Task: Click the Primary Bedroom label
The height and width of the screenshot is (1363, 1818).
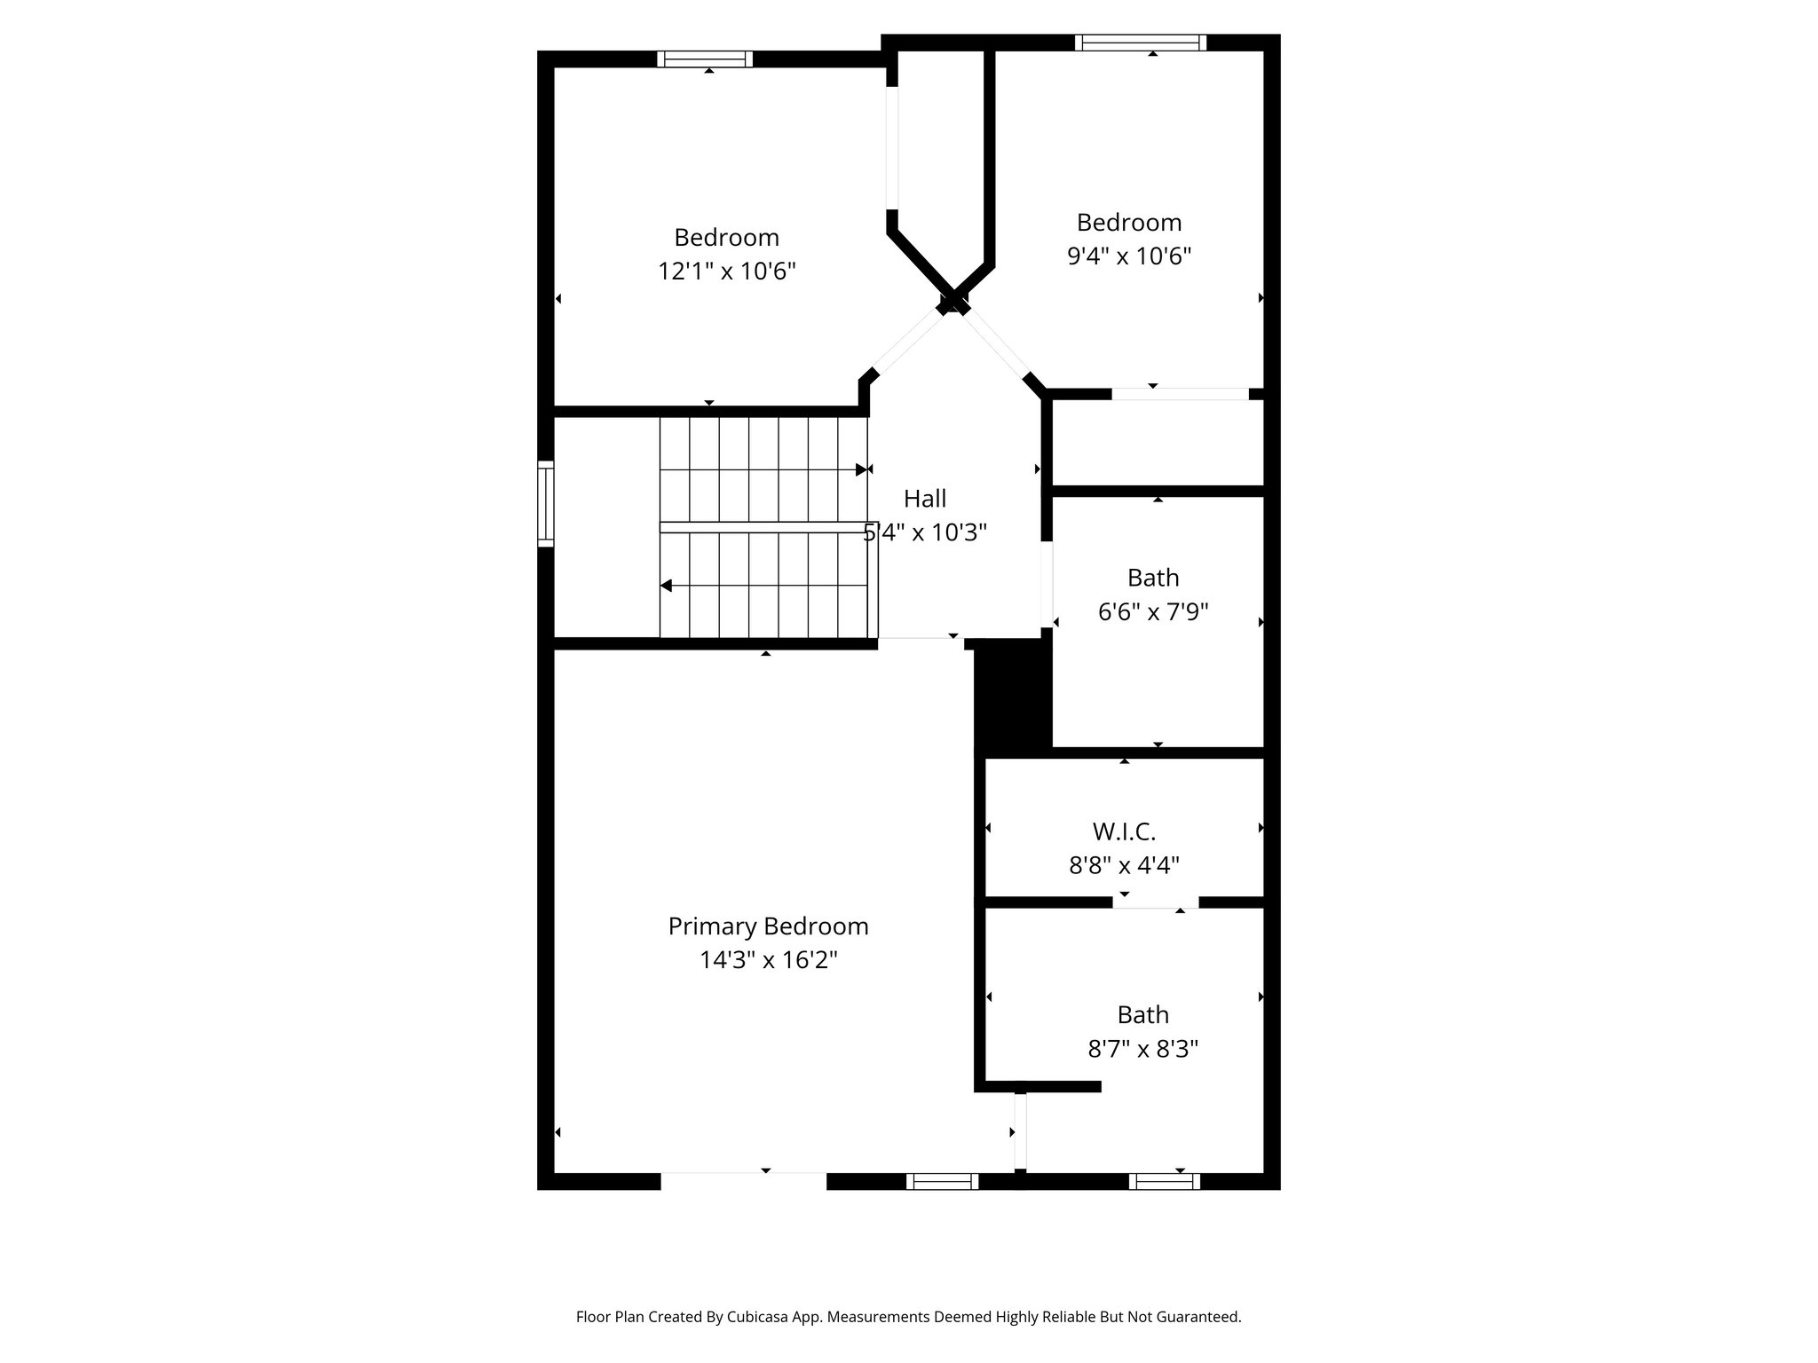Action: coord(768,926)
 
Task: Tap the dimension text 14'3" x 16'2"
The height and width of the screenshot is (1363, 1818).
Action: coord(768,960)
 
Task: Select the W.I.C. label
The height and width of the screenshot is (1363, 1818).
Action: coord(1124,831)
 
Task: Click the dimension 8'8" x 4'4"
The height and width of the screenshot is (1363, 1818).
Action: coord(1124,865)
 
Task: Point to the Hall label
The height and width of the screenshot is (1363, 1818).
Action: coord(925,499)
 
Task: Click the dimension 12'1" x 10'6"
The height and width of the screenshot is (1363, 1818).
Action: coord(726,272)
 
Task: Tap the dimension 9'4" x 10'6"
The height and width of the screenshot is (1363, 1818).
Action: coord(1128,256)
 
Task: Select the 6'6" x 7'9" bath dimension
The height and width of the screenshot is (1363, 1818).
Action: coord(1153,612)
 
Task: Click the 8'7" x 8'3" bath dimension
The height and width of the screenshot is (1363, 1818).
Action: coord(1142,1050)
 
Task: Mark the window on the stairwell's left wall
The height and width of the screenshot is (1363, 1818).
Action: coord(546,503)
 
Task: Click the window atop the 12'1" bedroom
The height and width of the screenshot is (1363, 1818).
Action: coord(705,59)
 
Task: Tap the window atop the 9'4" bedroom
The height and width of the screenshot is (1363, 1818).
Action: coord(1141,43)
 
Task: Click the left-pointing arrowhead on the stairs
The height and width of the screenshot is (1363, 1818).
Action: coord(666,586)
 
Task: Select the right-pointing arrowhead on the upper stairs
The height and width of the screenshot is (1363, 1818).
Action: coord(861,469)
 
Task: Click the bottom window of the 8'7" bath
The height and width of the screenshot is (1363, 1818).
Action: coord(1164,1181)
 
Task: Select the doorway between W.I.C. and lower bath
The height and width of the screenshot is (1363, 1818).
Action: coord(1156,903)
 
